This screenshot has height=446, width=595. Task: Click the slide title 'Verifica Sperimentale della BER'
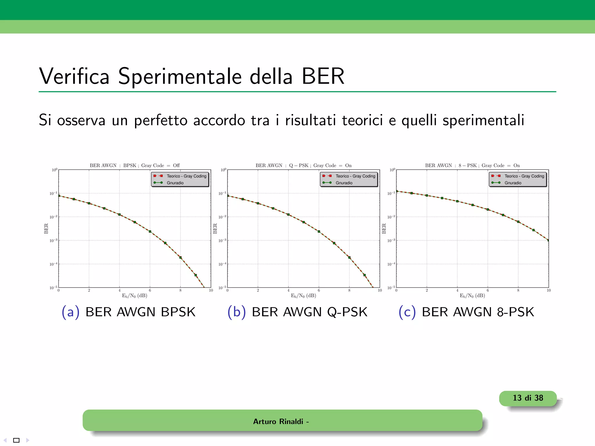(192, 76)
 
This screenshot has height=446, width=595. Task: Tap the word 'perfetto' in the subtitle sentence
(161, 120)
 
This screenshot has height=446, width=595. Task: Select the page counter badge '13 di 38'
(528, 398)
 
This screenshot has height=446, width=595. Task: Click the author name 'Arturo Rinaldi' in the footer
(278, 421)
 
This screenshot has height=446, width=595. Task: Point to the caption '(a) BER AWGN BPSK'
(128, 312)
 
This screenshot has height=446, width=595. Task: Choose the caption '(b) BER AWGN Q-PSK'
(297, 312)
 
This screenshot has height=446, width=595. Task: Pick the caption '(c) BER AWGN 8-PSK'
(466, 312)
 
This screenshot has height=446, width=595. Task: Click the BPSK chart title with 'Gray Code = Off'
(135, 166)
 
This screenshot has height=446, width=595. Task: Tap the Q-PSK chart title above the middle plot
(303, 166)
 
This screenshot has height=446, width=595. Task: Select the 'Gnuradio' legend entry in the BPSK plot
(175, 183)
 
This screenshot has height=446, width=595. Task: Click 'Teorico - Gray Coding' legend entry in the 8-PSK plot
(524, 176)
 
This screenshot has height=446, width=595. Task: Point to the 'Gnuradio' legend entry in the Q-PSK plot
(344, 183)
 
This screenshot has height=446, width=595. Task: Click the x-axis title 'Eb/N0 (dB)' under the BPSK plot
(135, 296)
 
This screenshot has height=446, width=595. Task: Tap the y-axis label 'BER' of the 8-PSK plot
(384, 229)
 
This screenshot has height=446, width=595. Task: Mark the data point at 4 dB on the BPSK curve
(119, 215)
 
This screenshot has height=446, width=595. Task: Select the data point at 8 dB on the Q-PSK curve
(349, 258)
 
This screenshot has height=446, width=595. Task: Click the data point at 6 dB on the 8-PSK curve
(488, 209)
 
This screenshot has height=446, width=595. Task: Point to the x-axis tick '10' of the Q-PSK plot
(380, 290)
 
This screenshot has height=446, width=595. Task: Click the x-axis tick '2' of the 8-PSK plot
(427, 290)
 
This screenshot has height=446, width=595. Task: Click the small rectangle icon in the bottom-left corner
(17, 440)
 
